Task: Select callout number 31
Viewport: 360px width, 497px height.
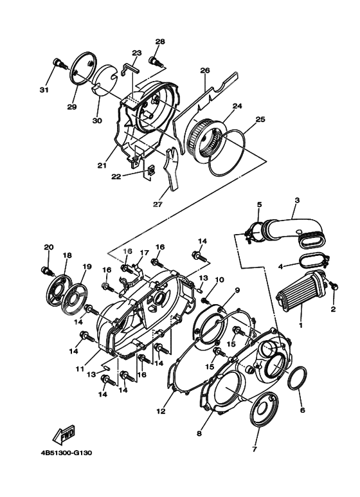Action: pos(44,89)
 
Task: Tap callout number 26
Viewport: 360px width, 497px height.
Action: pos(205,71)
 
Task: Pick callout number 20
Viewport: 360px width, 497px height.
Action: pos(48,247)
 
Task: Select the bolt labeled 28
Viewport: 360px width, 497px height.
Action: pos(154,60)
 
